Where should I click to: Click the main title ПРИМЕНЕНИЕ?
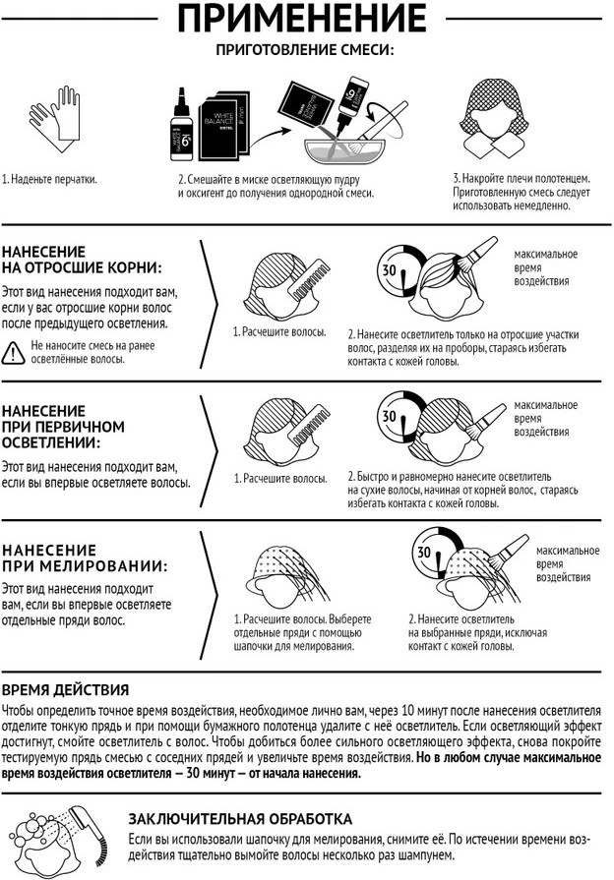point(302,18)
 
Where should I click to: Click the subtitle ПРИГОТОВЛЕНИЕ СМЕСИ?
point(305,50)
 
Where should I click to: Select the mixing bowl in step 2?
point(344,150)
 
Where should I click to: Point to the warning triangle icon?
point(13,353)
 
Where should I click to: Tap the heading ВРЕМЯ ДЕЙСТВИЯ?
point(65,690)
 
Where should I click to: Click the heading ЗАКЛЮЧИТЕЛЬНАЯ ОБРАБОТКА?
point(240,819)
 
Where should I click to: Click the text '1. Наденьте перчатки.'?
point(49,180)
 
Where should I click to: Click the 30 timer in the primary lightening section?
point(399,419)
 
